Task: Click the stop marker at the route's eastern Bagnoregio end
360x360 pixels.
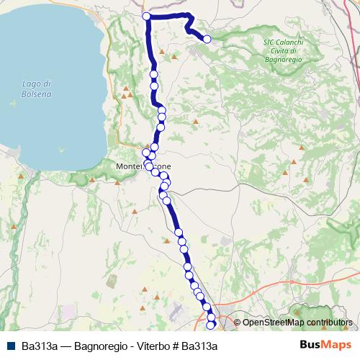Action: click(207, 40)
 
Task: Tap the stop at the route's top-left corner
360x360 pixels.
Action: click(146, 16)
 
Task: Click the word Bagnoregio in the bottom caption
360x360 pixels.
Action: click(103, 346)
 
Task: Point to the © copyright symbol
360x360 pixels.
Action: click(238, 323)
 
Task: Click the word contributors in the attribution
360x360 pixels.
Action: click(329, 323)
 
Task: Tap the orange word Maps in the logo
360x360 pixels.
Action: click(337, 345)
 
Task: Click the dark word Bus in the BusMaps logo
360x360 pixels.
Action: click(310, 345)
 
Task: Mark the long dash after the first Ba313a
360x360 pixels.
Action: click(65, 346)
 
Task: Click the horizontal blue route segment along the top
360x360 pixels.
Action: click(167, 16)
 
